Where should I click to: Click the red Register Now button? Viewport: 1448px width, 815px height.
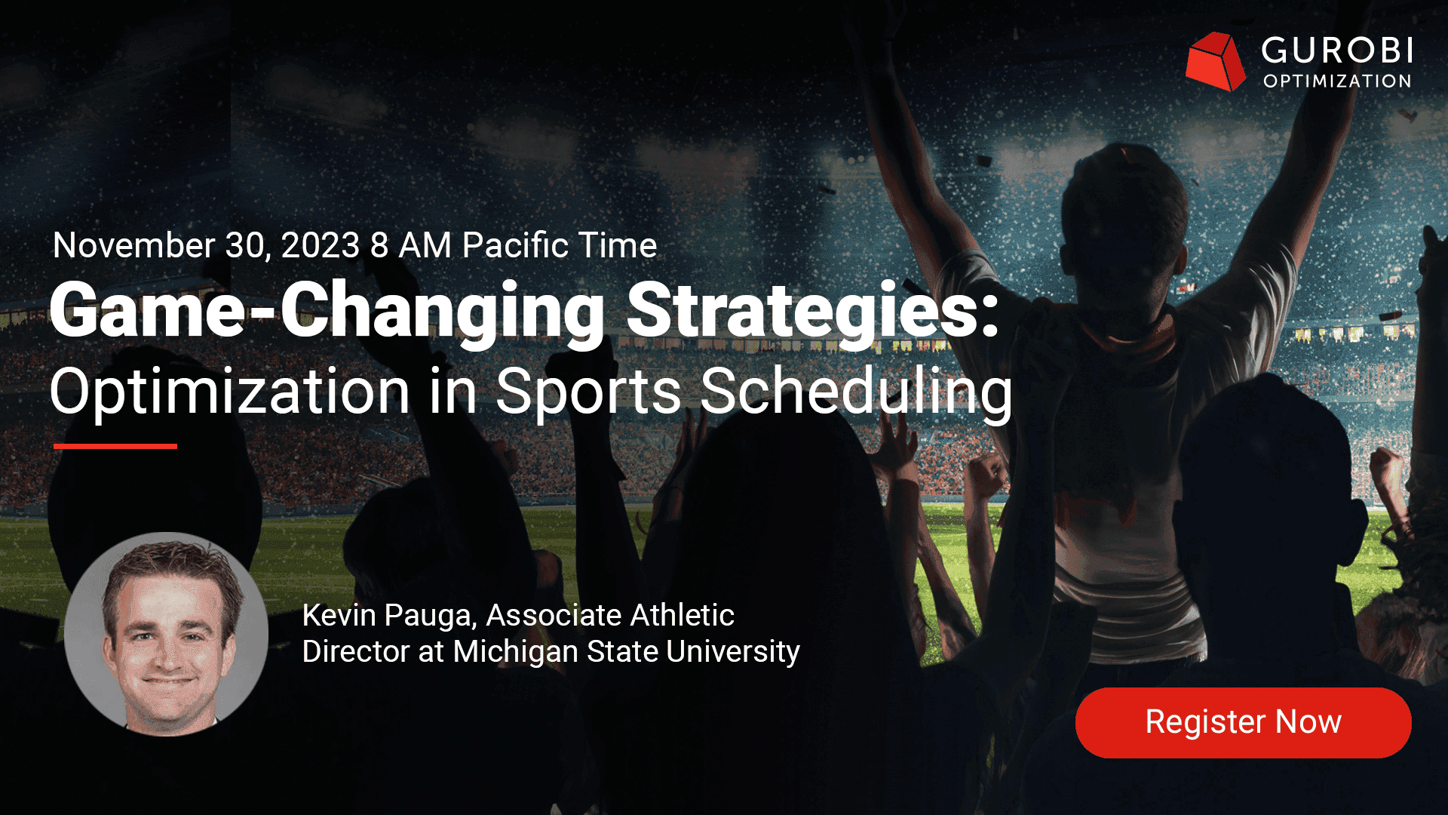click(1243, 722)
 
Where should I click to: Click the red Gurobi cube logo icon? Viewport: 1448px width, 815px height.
click(1215, 61)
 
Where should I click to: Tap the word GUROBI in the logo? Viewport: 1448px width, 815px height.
click(1337, 51)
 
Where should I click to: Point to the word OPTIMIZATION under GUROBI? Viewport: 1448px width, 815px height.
click(1337, 81)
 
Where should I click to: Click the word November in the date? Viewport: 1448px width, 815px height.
click(134, 245)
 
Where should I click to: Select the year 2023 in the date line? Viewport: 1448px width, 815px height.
click(321, 245)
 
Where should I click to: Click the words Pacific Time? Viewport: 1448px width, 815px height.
click(560, 245)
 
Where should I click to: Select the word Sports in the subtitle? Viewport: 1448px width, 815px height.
click(588, 392)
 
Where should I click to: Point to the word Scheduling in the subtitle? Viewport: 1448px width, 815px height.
click(857, 392)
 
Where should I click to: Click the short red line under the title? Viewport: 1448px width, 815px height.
click(115, 446)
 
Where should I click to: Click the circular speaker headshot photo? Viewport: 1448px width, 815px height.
click(166, 635)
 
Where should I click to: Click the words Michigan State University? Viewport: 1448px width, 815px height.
click(627, 651)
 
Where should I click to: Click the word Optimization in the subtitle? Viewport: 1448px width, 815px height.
click(230, 392)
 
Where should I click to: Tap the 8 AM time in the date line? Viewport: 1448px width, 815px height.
click(410, 245)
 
